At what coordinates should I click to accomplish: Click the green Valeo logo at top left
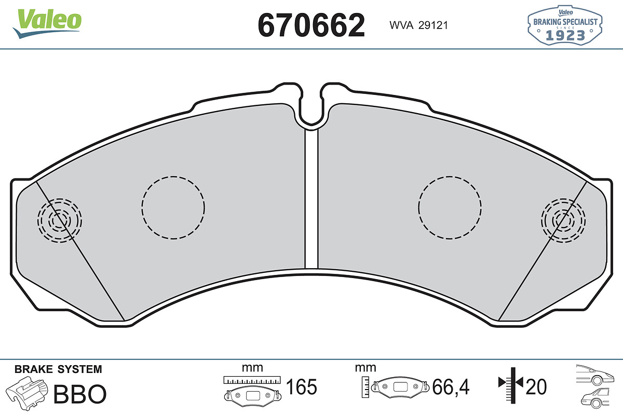47,23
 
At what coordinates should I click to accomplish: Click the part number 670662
311,25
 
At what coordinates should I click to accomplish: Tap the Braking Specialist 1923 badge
565,25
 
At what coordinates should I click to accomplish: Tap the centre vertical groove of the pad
311,199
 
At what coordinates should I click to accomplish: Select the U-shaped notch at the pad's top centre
311,122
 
